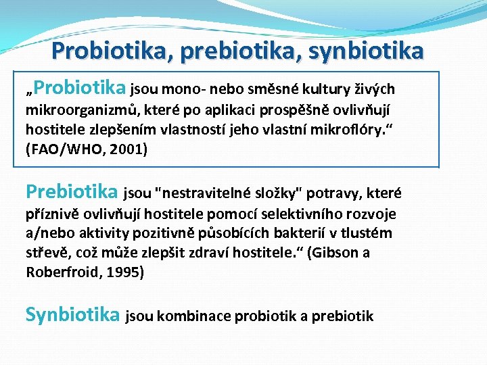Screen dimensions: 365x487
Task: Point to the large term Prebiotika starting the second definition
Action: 71,193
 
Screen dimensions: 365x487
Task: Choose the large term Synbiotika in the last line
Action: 72,314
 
